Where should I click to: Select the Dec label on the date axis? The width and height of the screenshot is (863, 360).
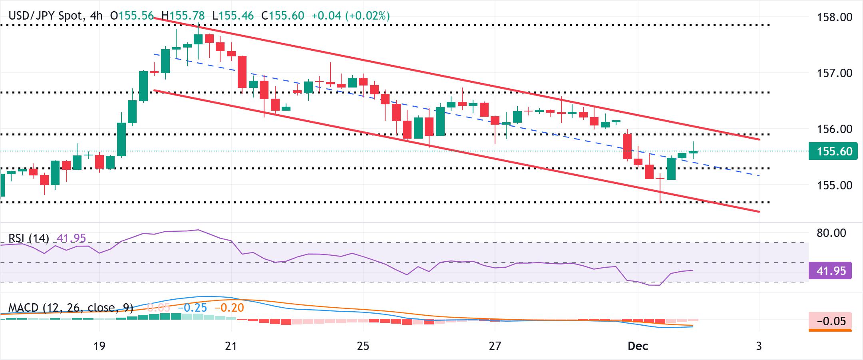[x=638, y=346]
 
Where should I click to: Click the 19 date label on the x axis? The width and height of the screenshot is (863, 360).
[x=99, y=346]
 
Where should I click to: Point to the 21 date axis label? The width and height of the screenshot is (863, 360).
[x=231, y=346]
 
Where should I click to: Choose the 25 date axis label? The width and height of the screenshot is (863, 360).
[x=363, y=346]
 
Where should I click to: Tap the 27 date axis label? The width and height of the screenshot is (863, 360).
[x=495, y=346]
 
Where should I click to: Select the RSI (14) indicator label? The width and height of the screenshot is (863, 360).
[x=29, y=239]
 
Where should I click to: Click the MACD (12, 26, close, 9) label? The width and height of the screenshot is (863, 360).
[x=71, y=308]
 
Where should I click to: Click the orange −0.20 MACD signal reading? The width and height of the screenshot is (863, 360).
[x=229, y=308]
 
